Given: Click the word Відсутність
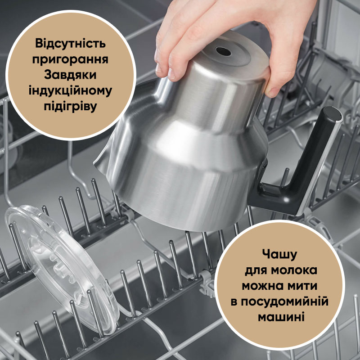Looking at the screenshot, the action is pos(70,43).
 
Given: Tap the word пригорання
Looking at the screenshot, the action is pos(70,60).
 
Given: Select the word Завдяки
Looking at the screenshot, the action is pos(70,75).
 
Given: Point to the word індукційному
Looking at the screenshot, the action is pos(70,90).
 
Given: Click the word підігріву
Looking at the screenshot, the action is pos(70,107).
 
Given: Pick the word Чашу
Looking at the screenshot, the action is pos(279,255).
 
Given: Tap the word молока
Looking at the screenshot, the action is pos(294,270).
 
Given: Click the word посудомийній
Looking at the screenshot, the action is pos(284,301).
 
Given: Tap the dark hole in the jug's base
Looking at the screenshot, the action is pos(223,51).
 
